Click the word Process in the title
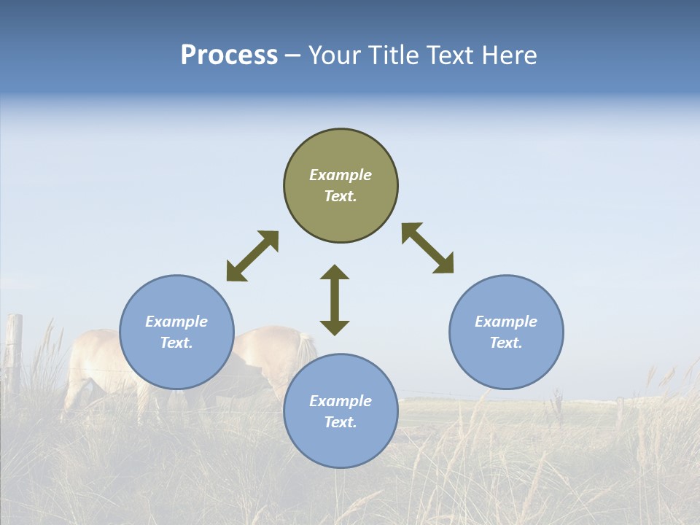pyautogui.click(x=229, y=55)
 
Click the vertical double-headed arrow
pyautogui.click(x=335, y=300)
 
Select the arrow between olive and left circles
pyautogui.click(x=252, y=256)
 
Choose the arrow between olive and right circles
pyautogui.click(x=428, y=248)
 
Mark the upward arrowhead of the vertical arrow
pyautogui.click(x=335, y=272)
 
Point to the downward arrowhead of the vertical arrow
pyautogui.click(x=335, y=327)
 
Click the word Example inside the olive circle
pyautogui.click(x=341, y=175)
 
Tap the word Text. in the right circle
pyautogui.click(x=506, y=343)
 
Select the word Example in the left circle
pyautogui.click(x=176, y=322)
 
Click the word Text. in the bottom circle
pyautogui.click(x=341, y=422)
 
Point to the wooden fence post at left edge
pyautogui.click(x=13, y=350)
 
